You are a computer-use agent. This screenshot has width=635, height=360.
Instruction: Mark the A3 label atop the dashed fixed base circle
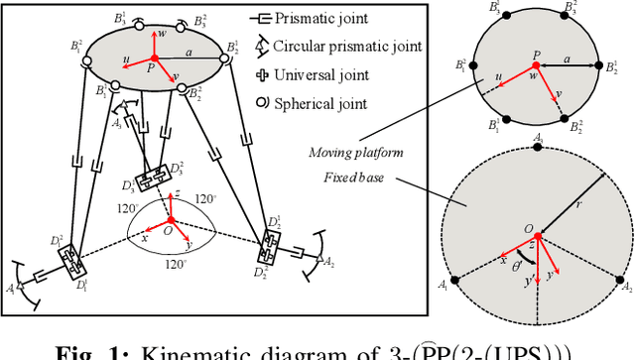coord(538,140)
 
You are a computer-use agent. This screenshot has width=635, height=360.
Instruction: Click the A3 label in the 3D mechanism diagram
coord(117,124)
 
